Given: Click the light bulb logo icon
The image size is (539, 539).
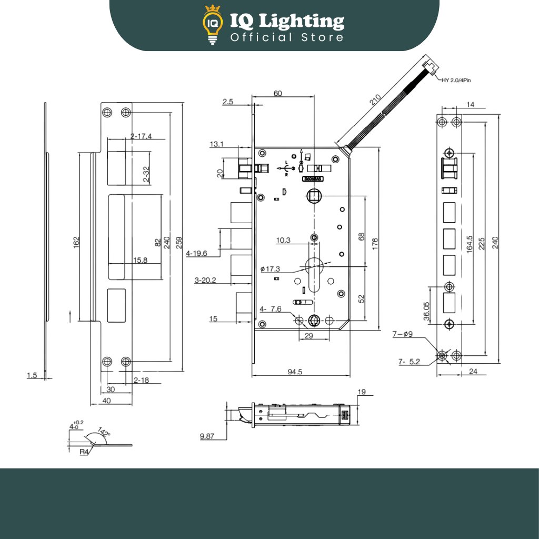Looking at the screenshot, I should [x=213, y=25].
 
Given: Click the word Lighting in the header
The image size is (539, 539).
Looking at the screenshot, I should [x=302, y=22].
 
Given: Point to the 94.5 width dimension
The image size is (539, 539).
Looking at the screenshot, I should [x=295, y=372].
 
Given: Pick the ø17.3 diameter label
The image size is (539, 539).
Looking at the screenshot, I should [x=270, y=269].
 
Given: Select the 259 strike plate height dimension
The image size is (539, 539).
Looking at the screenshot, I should [x=179, y=242].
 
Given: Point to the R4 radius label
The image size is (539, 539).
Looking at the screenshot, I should [x=84, y=452].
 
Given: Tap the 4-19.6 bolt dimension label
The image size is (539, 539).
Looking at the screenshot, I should [x=197, y=253].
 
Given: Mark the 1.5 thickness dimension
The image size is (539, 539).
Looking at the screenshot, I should [x=32, y=375].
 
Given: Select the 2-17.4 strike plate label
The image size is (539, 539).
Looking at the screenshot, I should [x=141, y=136].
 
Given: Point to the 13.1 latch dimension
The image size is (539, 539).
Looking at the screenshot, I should [x=217, y=144].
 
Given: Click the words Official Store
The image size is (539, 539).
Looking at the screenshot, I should [x=287, y=37].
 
